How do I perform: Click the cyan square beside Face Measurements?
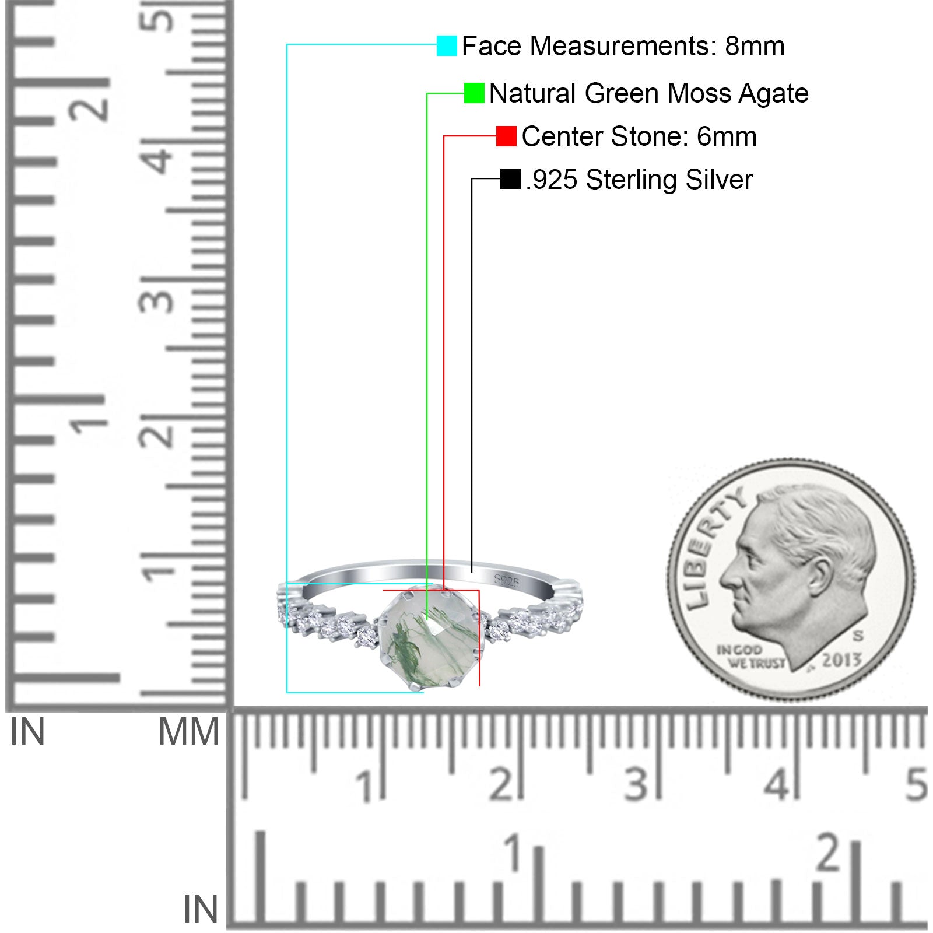447,45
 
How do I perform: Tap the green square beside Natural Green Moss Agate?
474,93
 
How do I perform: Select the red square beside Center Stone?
506,136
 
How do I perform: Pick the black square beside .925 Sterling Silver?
510,179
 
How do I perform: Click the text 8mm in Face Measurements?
755,46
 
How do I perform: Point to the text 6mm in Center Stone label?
727,136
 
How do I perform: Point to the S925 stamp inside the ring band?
506,580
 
